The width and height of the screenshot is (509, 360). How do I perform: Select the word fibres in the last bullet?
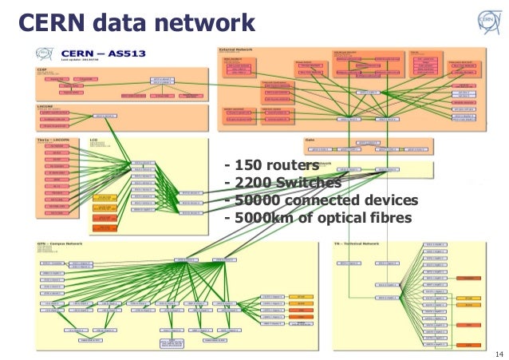[389, 218]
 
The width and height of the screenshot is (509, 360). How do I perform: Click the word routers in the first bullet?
[293, 166]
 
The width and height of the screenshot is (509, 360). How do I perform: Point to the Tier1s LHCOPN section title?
[57, 138]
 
